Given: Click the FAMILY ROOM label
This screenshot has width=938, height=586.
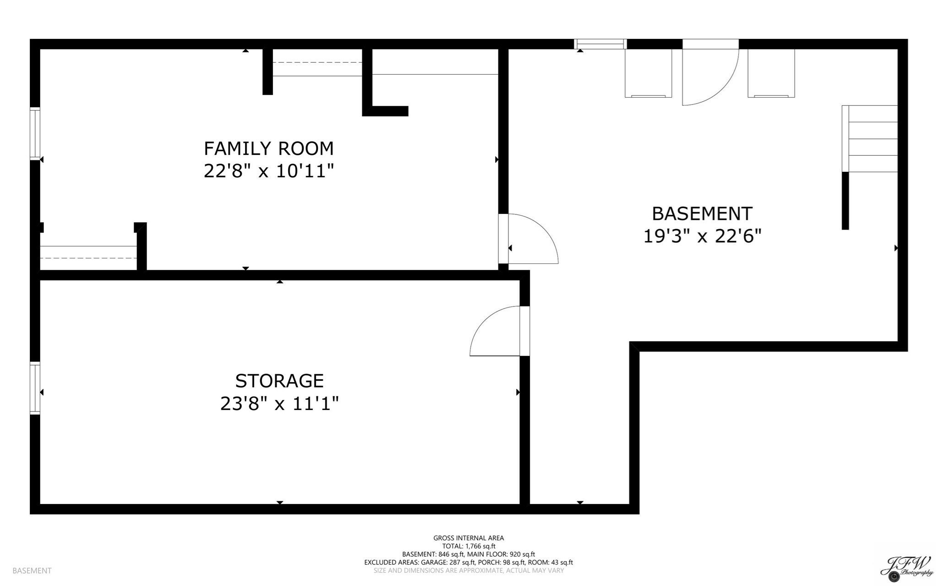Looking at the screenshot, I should (x=268, y=149).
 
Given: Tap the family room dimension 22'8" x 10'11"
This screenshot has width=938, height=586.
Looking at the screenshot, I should (x=268, y=171).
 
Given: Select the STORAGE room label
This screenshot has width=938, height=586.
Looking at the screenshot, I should (x=279, y=381).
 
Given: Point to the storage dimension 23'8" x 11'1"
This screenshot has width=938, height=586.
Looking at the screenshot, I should (x=279, y=404).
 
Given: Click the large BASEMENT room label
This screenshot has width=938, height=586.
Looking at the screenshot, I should (x=702, y=214).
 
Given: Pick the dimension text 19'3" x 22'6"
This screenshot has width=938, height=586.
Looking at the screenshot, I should (x=702, y=236).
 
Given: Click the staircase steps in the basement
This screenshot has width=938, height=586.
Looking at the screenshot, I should (x=873, y=139).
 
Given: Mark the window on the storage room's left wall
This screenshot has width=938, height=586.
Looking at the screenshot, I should (x=35, y=388).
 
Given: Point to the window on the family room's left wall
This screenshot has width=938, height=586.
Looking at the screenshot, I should (x=35, y=133).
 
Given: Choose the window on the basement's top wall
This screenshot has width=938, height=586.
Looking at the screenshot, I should (x=600, y=44).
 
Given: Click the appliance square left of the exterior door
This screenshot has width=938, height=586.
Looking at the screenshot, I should (x=648, y=73).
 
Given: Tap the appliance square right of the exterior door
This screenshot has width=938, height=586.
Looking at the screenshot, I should (x=771, y=73).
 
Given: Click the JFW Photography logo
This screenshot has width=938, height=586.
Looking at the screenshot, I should (x=907, y=567).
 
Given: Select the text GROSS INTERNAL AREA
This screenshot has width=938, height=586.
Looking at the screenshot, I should (x=469, y=538).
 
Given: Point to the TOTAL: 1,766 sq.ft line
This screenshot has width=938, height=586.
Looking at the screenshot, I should (x=469, y=546).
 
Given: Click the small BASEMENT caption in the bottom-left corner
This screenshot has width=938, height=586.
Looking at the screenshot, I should (x=32, y=570).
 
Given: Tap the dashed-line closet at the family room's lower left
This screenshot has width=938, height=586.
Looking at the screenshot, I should (x=88, y=258).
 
